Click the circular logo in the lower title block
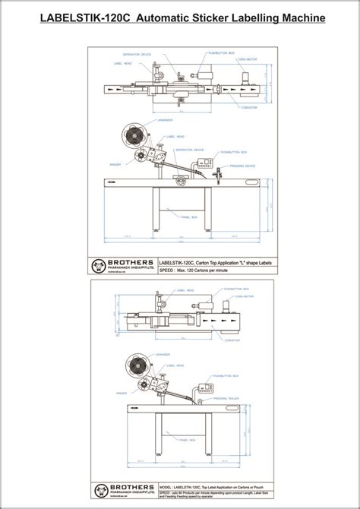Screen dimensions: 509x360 (98, 490)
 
